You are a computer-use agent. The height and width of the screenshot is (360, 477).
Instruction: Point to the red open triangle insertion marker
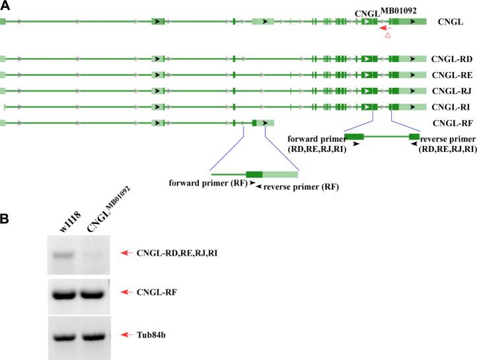pos(388,35)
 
